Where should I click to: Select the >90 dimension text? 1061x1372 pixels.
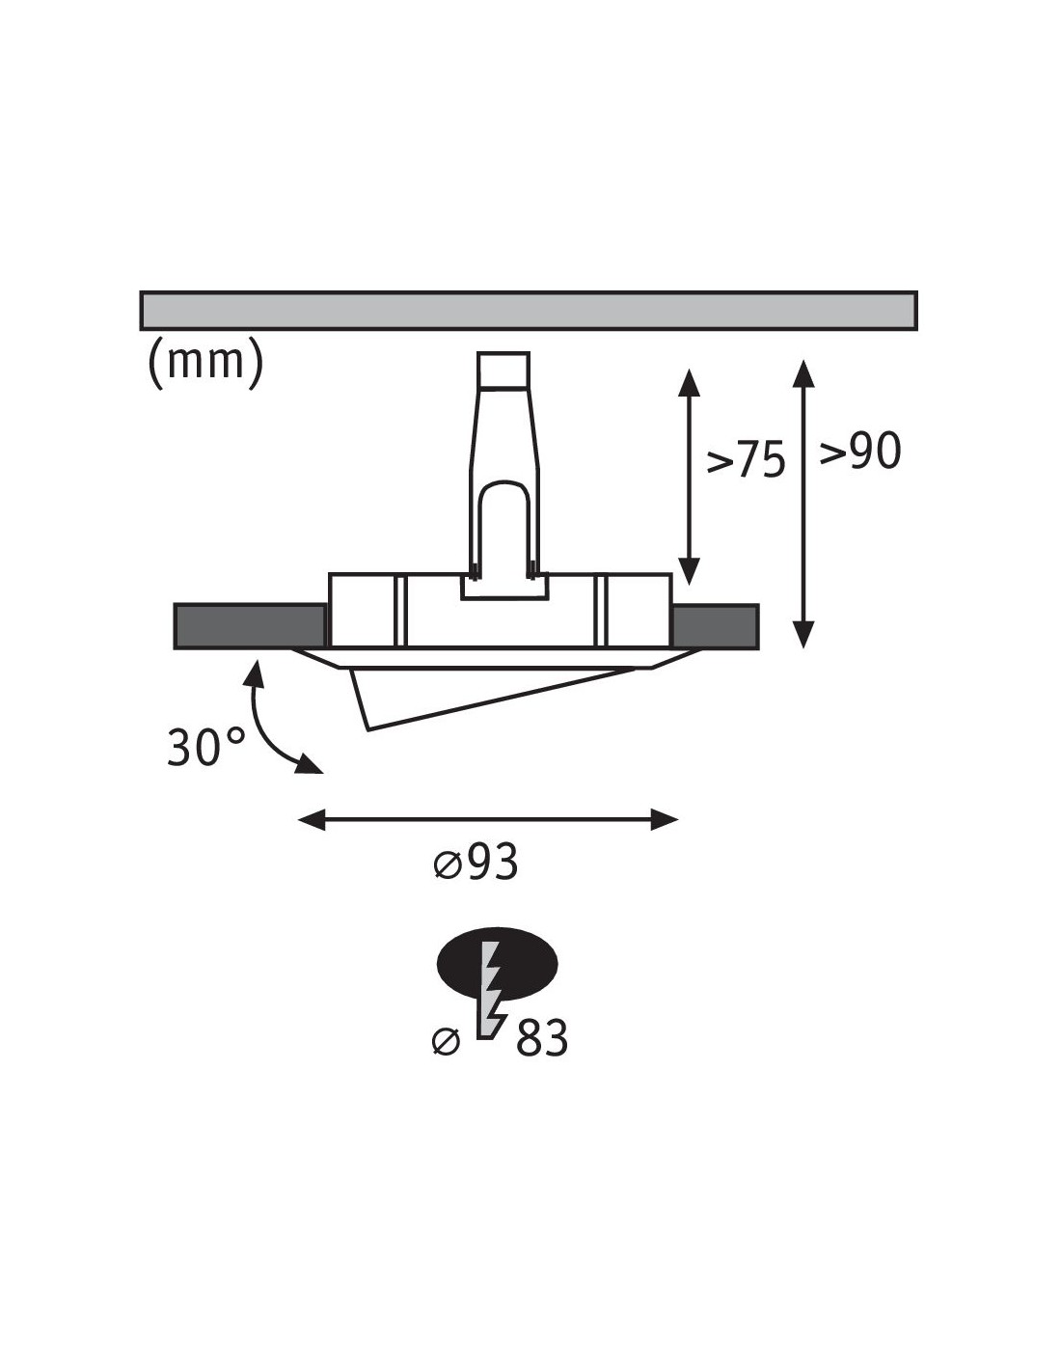pos(859,451)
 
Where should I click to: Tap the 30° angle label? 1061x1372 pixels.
pos(205,747)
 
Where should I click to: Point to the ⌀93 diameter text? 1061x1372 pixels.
pos(476,862)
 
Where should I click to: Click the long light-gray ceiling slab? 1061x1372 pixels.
pos(529,311)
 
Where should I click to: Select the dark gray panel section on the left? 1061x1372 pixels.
pos(250,626)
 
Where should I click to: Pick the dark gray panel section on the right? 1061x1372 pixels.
pos(715,626)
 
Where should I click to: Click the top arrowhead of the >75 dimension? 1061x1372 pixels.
pos(689,383)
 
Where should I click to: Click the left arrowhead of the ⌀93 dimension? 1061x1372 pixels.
pos(312,820)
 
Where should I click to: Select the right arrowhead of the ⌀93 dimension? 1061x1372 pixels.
pos(664,820)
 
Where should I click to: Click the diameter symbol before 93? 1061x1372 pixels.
pos(448,864)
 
